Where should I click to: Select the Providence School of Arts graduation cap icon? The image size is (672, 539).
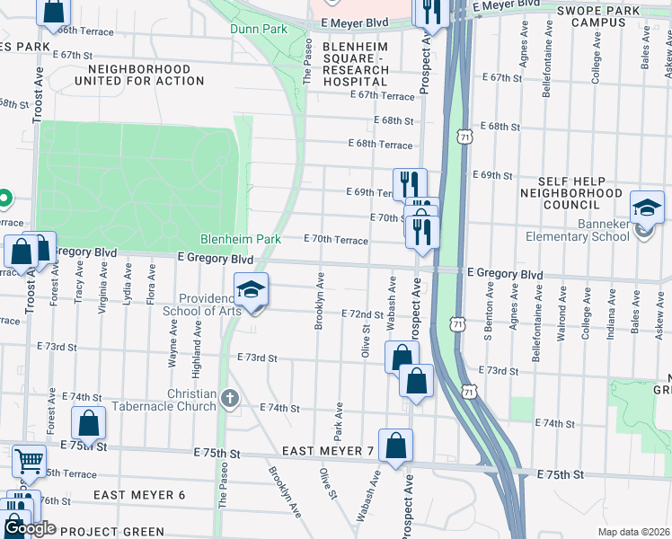tap(252, 290)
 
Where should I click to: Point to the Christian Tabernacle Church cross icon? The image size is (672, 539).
tap(231, 398)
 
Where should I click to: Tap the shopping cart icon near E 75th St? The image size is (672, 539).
tap(29, 461)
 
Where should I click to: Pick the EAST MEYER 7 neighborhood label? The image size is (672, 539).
tap(327, 450)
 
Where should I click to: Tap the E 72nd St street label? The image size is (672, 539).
tap(363, 314)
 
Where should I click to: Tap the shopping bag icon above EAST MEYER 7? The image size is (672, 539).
tap(395, 445)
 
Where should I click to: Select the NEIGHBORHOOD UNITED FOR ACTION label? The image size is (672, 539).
tap(139, 75)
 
